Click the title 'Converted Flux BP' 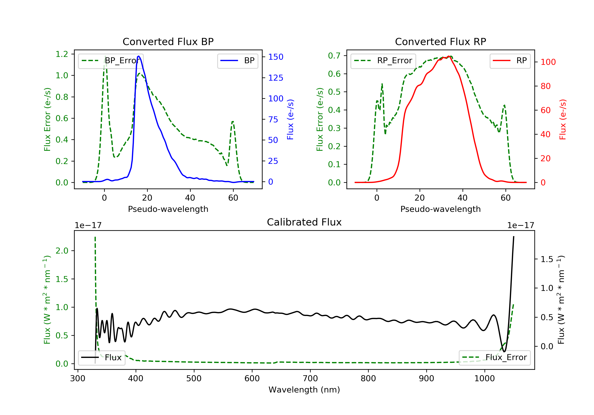coord(168,41)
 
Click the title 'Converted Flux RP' coord(440,41)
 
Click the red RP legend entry coord(510,61)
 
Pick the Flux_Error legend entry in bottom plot coord(494,357)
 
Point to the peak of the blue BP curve coord(139,56)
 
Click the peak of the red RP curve coord(449,56)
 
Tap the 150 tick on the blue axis coord(276,57)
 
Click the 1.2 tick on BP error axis coord(62,54)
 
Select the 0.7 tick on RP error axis coord(334,56)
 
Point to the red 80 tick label coord(546,86)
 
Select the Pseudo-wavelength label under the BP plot coord(168,209)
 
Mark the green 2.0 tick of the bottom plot coord(62,251)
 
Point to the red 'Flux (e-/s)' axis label coord(563,119)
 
